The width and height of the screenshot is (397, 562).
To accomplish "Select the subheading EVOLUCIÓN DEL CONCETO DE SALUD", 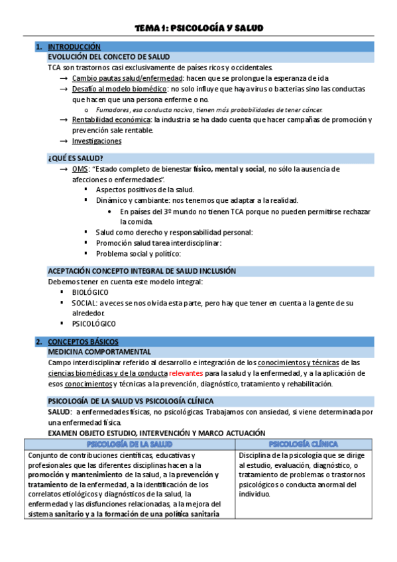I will click(109, 57).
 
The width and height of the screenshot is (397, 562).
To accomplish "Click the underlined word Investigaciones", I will click(97, 141).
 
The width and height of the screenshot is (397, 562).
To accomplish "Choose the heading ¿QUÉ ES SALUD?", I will click(75, 158).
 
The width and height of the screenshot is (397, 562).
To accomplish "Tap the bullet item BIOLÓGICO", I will click(91, 292).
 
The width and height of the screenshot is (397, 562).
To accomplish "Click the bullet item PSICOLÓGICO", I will click(94, 324).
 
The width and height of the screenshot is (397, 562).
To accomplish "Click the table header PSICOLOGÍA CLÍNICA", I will click(304, 443).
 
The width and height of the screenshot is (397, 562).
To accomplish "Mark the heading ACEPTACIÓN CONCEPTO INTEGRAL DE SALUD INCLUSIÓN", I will click(142, 271).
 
